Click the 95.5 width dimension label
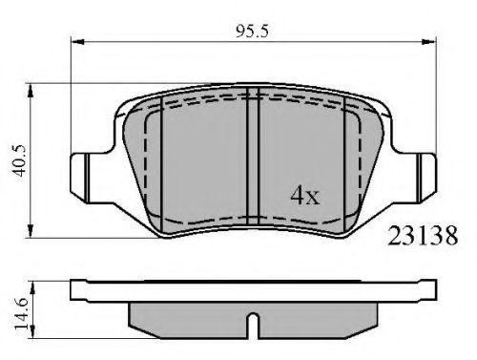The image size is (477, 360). pyautogui.click(x=252, y=32)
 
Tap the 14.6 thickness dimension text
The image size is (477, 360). pyautogui.click(x=21, y=314)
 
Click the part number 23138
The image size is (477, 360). pyautogui.click(x=423, y=236)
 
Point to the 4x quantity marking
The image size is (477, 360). pyautogui.click(x=304, y=196)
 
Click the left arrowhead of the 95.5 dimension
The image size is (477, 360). pyautogui.click(x=78, y=42)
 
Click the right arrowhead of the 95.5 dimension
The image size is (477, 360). pyautogui.click(x=428, y=42)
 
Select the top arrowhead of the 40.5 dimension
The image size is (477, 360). pyautogui.click(x=31, y=92)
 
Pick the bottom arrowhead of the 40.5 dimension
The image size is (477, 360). pyautogui.click(x=31, y=231)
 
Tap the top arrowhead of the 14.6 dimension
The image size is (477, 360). pyautogui.click(x=32, y=287)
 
